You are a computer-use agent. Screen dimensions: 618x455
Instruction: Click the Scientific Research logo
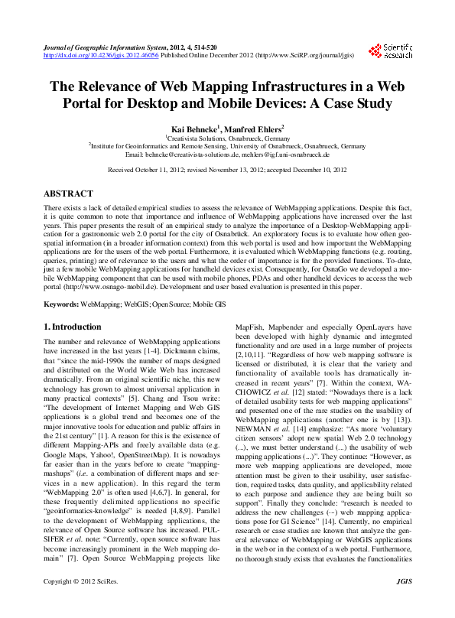(x=391, y=50)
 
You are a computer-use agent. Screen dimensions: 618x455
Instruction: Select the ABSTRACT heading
(x=68, y=194)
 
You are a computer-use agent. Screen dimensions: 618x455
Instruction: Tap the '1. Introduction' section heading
(x=72, y=327)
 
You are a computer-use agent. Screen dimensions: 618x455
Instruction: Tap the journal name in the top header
(x=101, y=47)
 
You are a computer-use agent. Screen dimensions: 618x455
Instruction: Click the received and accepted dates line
(x=227, y=171)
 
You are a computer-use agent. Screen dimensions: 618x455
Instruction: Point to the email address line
(x=227, y=154)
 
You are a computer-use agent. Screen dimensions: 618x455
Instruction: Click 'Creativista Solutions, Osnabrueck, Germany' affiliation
(x=227, y=138)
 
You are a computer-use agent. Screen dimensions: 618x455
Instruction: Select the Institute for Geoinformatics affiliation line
(x=227, y=145)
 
